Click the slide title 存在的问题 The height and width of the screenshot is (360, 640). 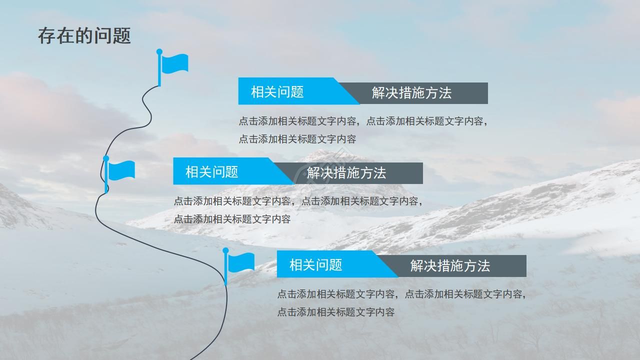pyautogui.click(x=84, y=36)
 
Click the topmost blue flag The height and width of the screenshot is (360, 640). pyautogui.click(x=174, y=64)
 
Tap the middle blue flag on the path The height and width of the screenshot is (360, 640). pyautogui.click(x=121, y=170)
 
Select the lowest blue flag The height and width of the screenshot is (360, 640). pyautogui.click(x=240, y=262)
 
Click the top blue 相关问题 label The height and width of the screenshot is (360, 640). pyautogui.click(x=277, y=92)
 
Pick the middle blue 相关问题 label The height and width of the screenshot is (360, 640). pyautogui.click(x=212, y=172)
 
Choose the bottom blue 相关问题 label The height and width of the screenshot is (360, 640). pyautogui.click(x=316, y=264)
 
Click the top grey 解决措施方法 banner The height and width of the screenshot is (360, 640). pyautogui.click(x=411, y=93)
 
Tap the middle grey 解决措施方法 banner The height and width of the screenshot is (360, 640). pyautogui.click(x=346, y=173)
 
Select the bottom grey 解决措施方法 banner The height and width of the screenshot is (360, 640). pyautogui.click(x=450, y=266)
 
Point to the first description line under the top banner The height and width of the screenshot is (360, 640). pyautogui.click(x=362, y=121)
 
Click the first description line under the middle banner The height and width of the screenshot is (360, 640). pyautogui.click(x=298, y=201)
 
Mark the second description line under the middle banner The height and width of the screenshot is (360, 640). pyautogui.click(x=232, y=219)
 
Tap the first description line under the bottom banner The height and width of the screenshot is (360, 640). pyautogui.click(x=401, y=294)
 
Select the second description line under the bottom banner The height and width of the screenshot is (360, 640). pyautogui.click(x=336, y=312)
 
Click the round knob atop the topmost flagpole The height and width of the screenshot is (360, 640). pyautogui.click(x=159, y=51)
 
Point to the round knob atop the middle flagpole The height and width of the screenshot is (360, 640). pyautogui.click(x=106, y=158)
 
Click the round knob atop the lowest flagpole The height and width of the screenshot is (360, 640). pyautogui.click(x=225, y=250)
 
